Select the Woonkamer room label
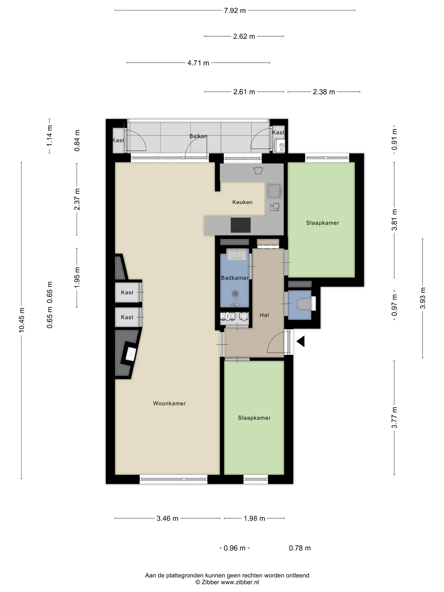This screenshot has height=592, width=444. [x=169, y=403]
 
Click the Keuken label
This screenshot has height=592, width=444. [x=242, y=202]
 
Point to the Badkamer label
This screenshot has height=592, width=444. [x=235, y=278]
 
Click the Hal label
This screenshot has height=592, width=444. [x=264, y=315]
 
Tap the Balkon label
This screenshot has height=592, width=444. [x=198, y=136]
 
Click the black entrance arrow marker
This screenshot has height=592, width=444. [x=301, y=341]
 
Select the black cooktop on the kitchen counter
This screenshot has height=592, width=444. [x=241, y=225]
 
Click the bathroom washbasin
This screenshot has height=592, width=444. [x=237, y=254]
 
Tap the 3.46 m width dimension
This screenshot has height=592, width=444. [x=167, y=518]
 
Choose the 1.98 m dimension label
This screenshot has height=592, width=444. [x=254, y=518]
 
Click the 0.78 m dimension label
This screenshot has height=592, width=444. [x=300, y=548]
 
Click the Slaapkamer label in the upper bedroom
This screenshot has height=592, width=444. [x=322, y=223]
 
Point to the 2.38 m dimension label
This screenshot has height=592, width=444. [x=324, y=92]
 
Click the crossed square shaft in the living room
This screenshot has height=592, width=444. [x=130, y=354]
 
